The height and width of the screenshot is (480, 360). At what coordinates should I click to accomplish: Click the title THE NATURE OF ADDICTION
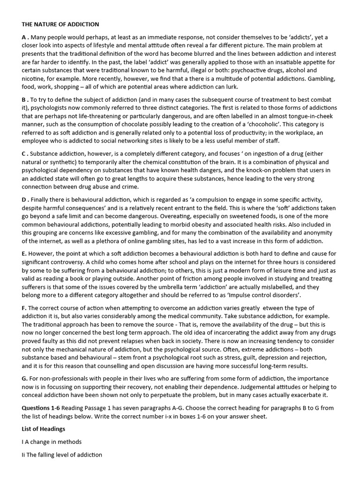click(60, 24)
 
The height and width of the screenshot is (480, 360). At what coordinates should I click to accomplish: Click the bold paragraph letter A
click(23, 37)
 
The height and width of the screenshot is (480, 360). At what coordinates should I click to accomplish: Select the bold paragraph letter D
click(24, 200)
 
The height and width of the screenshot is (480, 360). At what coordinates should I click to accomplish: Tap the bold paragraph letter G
click(24, 378)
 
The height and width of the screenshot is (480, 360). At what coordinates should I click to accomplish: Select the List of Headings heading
click(44, 429)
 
